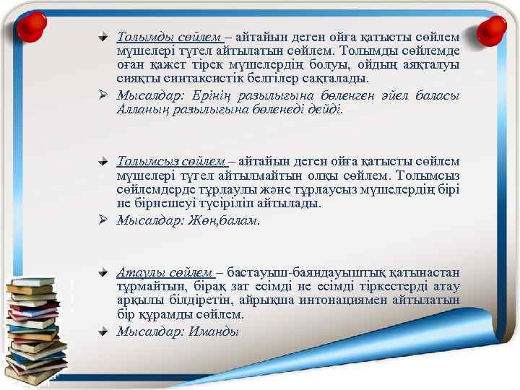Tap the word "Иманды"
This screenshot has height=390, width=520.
point(214,331)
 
